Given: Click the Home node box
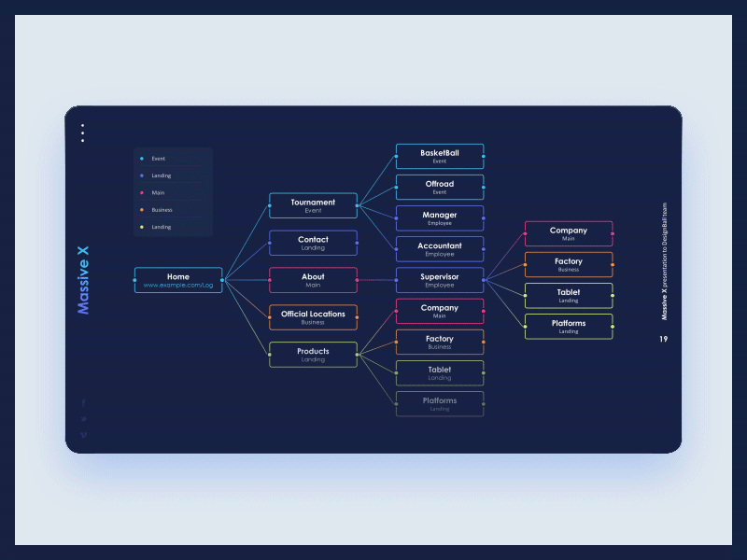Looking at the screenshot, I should tap(178, 280).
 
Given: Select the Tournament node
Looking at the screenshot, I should tap(313, 205).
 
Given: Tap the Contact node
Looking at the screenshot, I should tap(313, 243).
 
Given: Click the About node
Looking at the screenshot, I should tap(313, 280).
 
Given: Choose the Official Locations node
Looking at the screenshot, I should tap(313, 317).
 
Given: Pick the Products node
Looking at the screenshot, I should tap(313, 355).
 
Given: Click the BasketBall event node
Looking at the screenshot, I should tap(440, 156).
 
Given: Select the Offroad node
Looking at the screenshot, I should tap(440, 187).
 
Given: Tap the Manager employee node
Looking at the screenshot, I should tap(440, 217).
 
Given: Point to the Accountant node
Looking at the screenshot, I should tap(440, 249).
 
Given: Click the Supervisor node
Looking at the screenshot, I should tap(440, 280).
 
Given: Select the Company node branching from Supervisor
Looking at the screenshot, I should tap(569, 233).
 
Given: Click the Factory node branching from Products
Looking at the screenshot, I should tap(440, 342).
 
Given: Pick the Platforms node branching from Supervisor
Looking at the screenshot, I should tap(569, 327).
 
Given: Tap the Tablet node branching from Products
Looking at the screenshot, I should tap(440, 372).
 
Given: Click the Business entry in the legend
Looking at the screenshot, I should tap(162, 210).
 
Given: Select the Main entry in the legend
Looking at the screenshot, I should tap(158, 193).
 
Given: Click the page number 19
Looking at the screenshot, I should tap(663, 339).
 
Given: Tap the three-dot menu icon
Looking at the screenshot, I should tap(82, 133).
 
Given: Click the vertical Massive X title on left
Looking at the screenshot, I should tap(83, 280).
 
